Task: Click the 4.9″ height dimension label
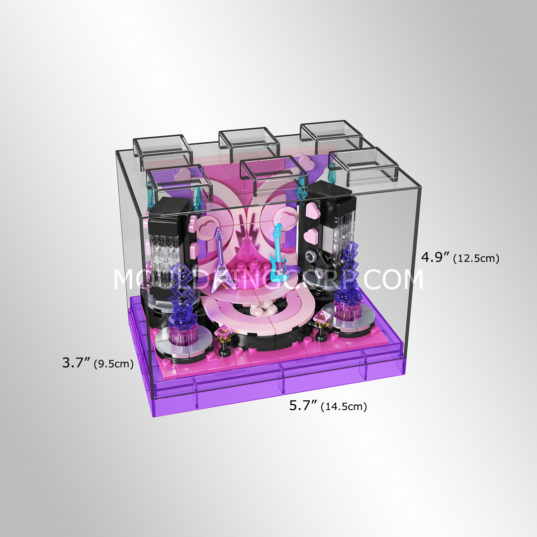pyautogui.click(x=436, y=257)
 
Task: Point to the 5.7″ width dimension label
pyautogui.click(x=303, y=406)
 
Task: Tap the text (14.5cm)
pyautogui.click(x=344, y=407)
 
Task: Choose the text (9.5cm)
pyautogui.click(x=114, y=364)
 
